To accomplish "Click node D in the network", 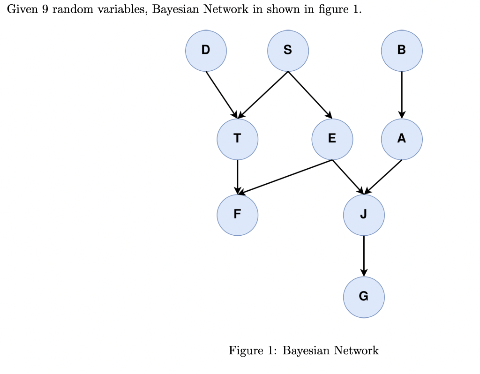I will pyautogui.click(x=206, y=51).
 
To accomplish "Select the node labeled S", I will pyautogui.click(x=288, y=51).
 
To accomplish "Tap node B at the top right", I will pyautogui.click(x=402, y=51).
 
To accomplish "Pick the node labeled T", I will pyautogui.click(x=237, y=139).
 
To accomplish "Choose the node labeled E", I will pyautogui.click(x=332, y=139).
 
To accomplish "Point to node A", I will pyautogui.click(x=402, y=139).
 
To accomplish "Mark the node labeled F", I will pyautogui.click(x=237, y=215).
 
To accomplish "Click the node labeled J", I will pyautogui.click(x=364, y=215).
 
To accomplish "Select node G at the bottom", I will pyautogui.click(x=364, y=297).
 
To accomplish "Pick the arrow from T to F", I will pyautogui.click(x=237, y=177).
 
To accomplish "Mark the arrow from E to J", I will pyautogui.click(x=348, y=177).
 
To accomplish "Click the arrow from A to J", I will pyautogui.click(x=383, y=177).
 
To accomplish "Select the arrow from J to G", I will pyautogui.click(x=364, y=256).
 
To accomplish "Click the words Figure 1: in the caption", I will pyautogui.click(x=253, y=351).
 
